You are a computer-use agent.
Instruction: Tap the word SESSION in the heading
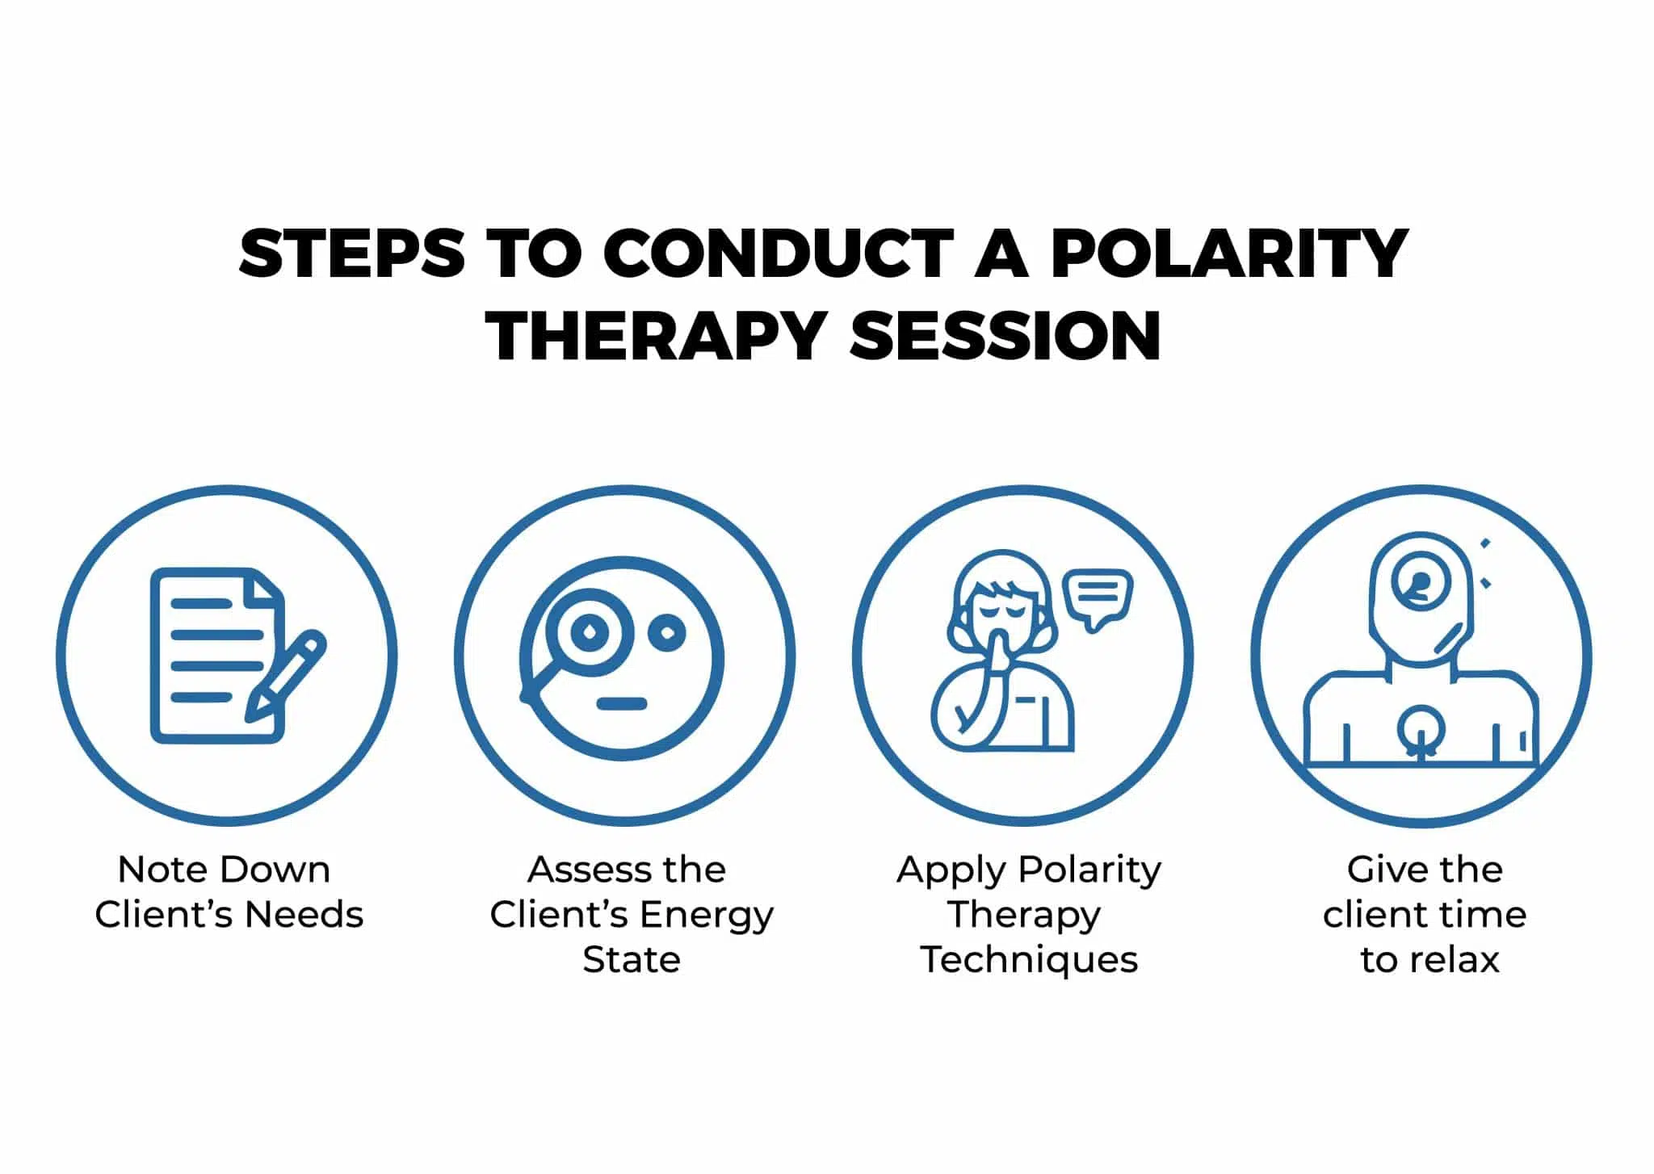[1005, 336]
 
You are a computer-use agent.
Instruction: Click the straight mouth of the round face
[622, 703]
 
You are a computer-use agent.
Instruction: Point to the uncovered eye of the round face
[668, 634]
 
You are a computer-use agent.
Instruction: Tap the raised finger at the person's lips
[999, 649]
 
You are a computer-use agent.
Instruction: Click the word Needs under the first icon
[304, 915]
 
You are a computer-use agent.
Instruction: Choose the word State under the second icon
[632, 960]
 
